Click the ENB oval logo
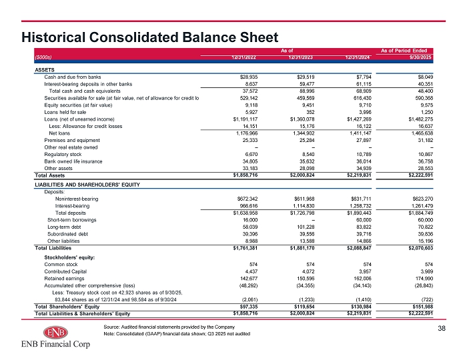pos(55,332)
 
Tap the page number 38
pos(442,328)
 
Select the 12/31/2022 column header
pos(244,57)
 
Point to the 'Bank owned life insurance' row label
pos(73,161)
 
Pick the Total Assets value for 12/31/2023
pos(302,175)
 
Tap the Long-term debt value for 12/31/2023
pos(306,227)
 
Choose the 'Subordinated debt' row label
pos(67,234)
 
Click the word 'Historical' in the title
pos(53,37)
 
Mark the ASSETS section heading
pos(45,70)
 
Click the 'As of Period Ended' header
pos(404,51)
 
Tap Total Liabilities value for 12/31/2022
pos(245,248)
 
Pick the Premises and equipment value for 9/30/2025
pos(426,140)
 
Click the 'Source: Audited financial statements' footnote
pos(169,327)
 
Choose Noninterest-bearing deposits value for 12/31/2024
pos(362,199)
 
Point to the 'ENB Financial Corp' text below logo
pos(55,344)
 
